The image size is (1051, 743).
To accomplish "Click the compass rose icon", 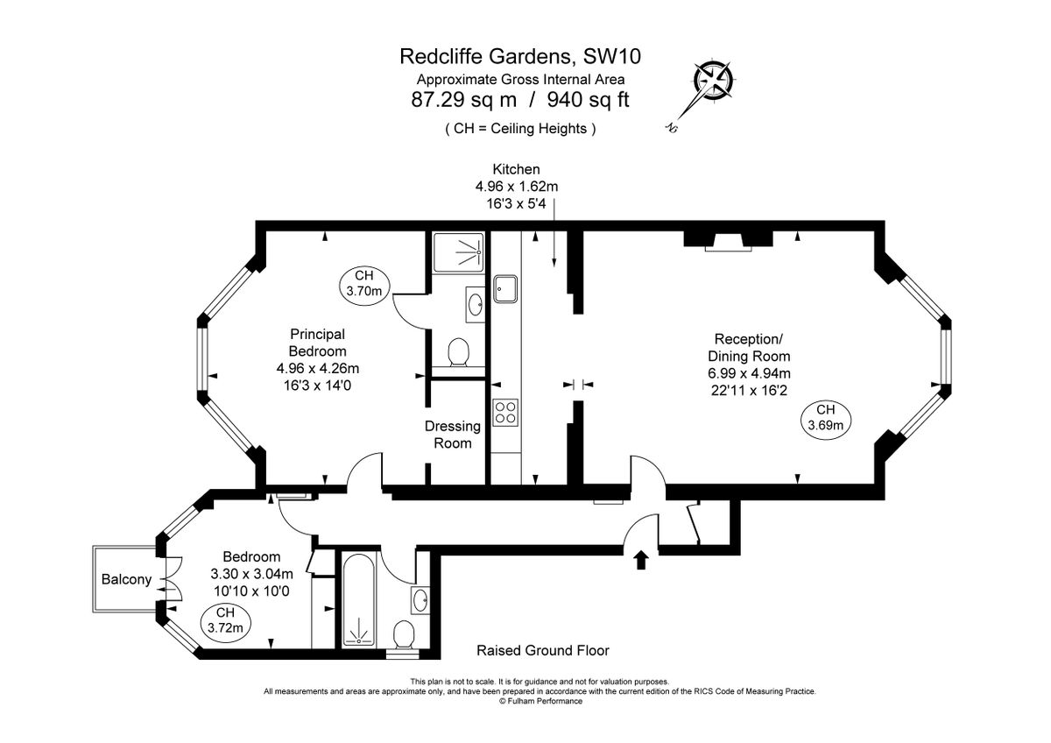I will click(712, 81).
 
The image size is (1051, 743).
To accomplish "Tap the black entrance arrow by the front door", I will click(641, 559).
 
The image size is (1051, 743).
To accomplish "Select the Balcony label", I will click(126, 579).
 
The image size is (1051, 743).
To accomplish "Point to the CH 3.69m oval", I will click(825, 418).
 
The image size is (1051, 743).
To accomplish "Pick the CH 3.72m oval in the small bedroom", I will click(225, 619).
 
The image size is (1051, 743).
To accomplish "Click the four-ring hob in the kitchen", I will click(505, 412).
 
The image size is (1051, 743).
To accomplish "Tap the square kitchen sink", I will click(505, 288).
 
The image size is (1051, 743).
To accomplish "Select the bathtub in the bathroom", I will click(356, 601).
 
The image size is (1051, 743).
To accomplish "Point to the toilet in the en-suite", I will click(457, 354).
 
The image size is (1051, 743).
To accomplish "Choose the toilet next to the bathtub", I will click(404, 633).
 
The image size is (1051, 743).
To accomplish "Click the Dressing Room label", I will click(453, 435).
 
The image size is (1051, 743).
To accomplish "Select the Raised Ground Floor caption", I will click(542, 650).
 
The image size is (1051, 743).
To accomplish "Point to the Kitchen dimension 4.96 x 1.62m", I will click(516, 186).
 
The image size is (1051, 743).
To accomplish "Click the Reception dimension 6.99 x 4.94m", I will click(752, 373).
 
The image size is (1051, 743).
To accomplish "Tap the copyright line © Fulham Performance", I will click(540, 701).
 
